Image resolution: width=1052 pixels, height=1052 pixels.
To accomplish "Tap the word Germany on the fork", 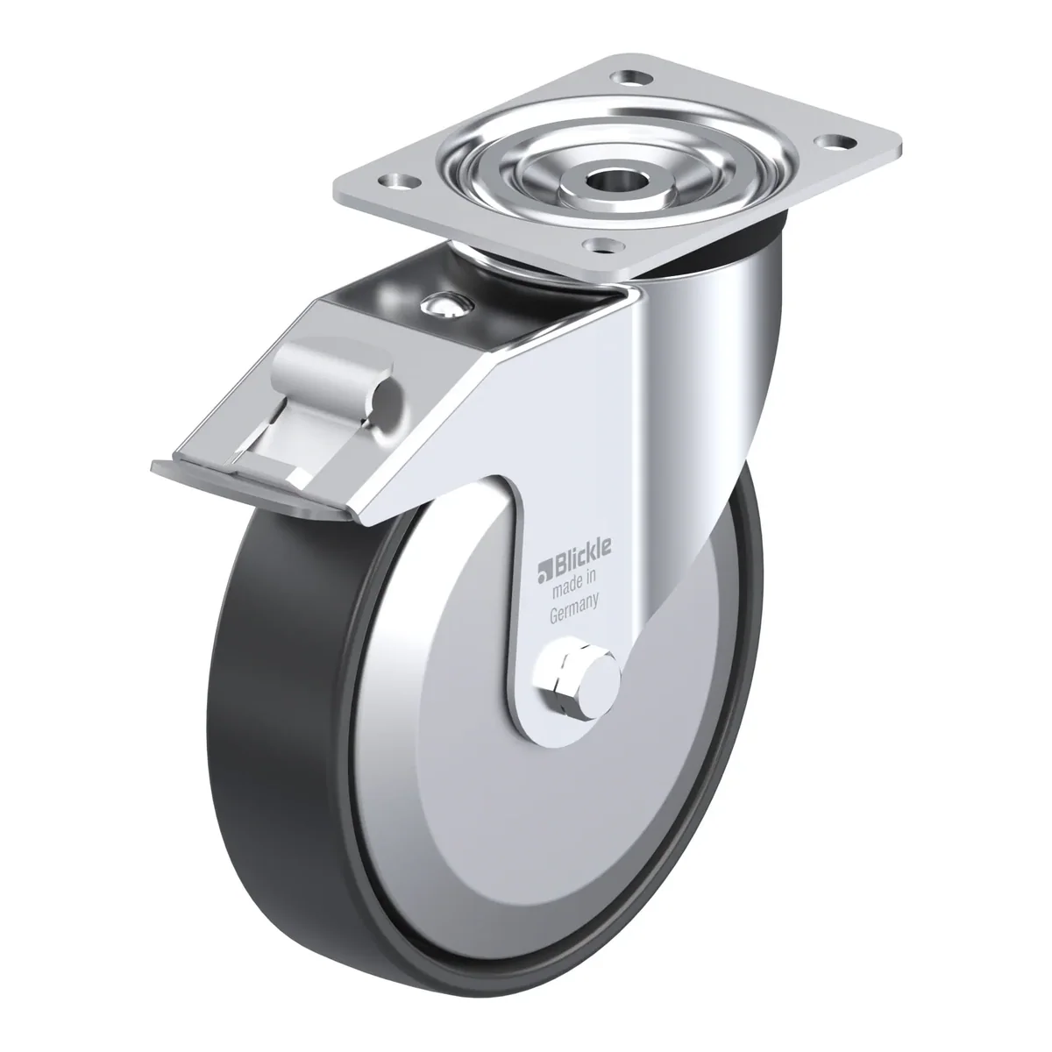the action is (574, 608).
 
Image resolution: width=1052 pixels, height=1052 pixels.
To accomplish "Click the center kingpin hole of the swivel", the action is (615, 181).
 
